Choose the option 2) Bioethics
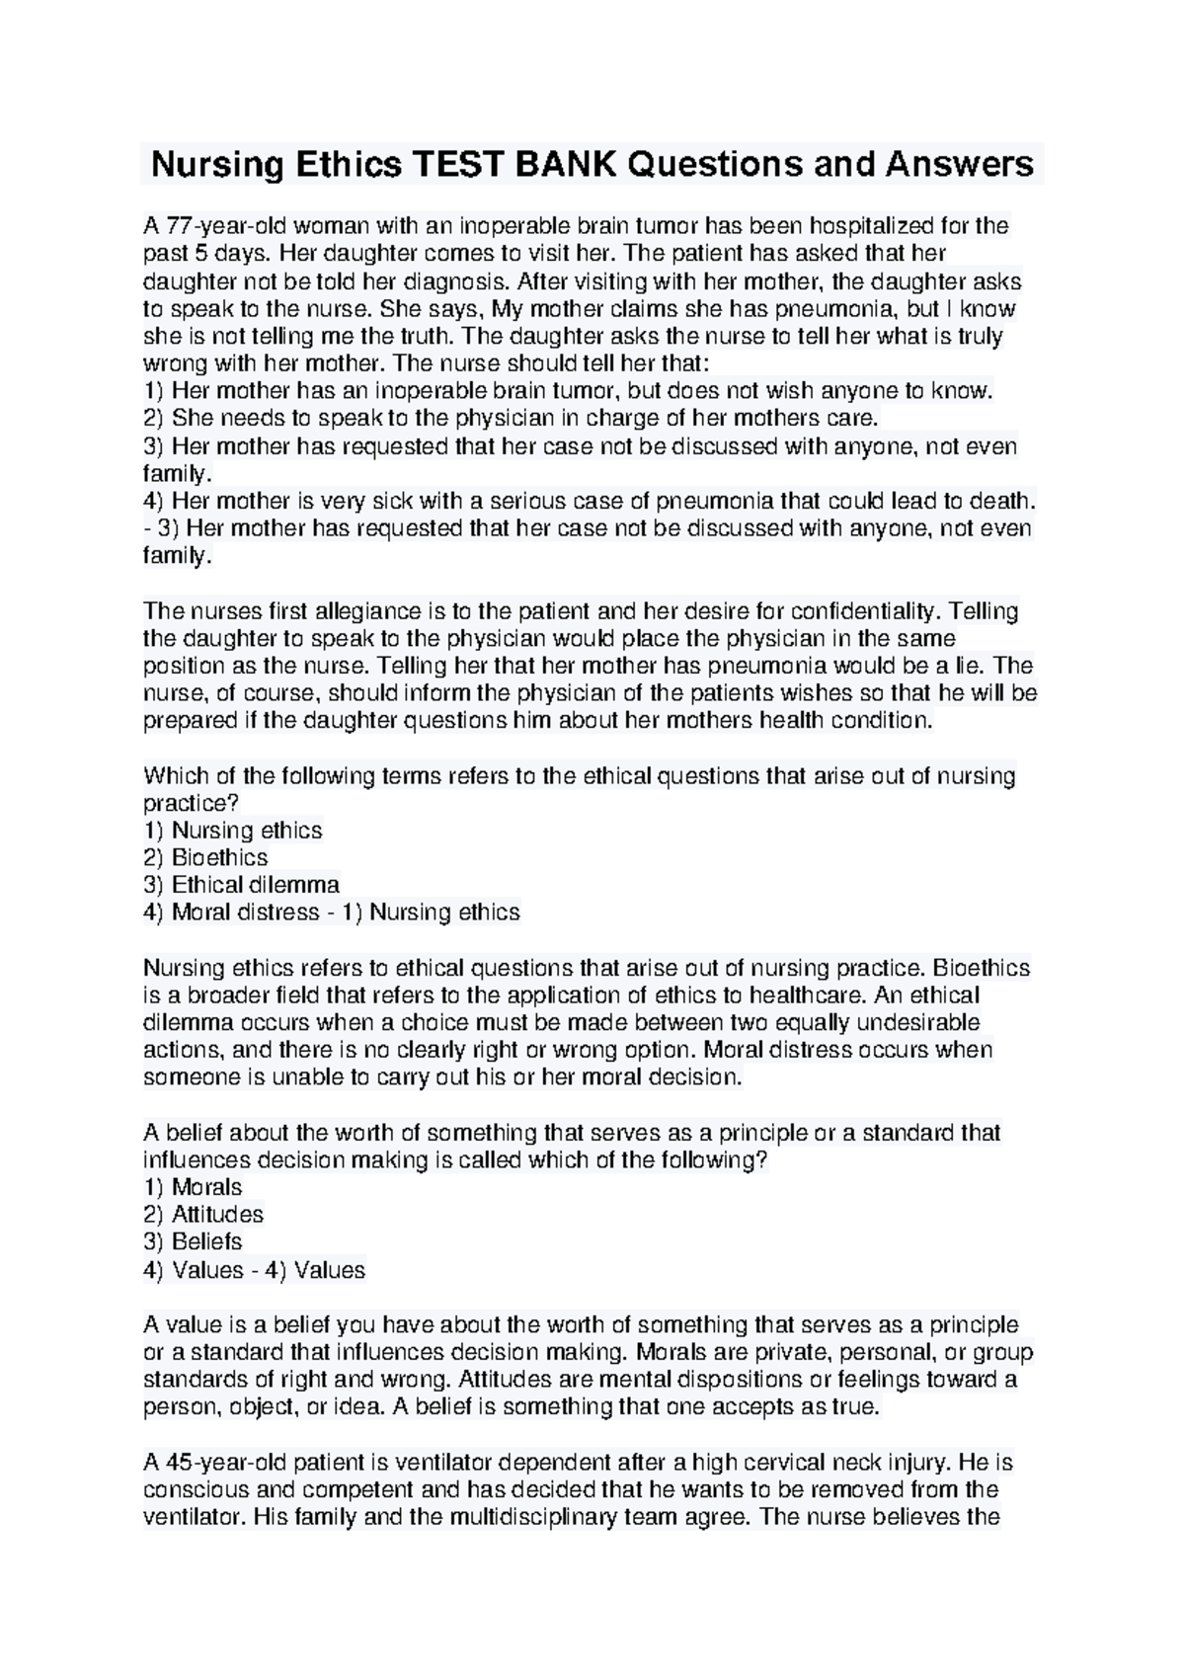click(205, 857)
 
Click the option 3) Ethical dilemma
click(241, 885)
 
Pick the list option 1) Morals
click(193, 1187)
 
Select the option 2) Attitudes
click(203, 1214)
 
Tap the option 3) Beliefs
click(193, 1241)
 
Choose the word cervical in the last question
click(796, 1463)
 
